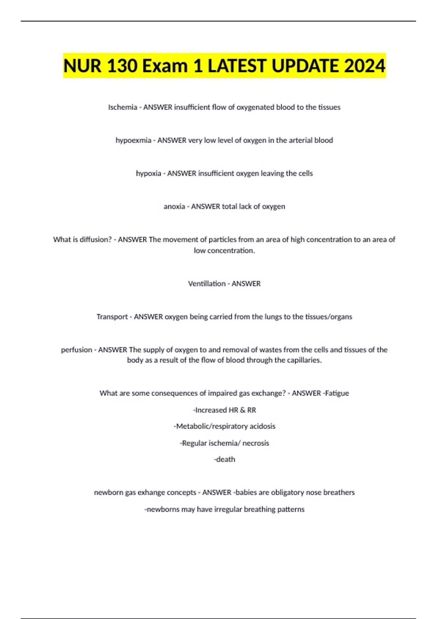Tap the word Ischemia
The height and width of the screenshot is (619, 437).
click(x=122, y=107)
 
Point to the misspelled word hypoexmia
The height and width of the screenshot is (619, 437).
click(x=133, y=140)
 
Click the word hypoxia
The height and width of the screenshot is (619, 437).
click(x=148, y=173)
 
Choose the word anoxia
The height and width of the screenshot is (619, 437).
click(x=174, y=206)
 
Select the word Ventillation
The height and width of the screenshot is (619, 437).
click(x=206, y=284)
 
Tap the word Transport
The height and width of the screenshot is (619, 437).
click(x=112, y=317)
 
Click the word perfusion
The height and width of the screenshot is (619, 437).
click(x=76, y=350)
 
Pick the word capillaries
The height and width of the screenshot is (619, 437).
click(x=304, y=360)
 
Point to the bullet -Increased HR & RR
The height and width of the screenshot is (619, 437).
click(x=224, y=410)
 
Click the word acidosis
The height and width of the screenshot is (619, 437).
click(x=262, y=426)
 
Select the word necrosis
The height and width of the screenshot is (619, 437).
click(x=256, y=443)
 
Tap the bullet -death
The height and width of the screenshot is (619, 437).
click(x=224, y=460)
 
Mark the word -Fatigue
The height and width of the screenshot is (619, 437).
click(x=336, y=393)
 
